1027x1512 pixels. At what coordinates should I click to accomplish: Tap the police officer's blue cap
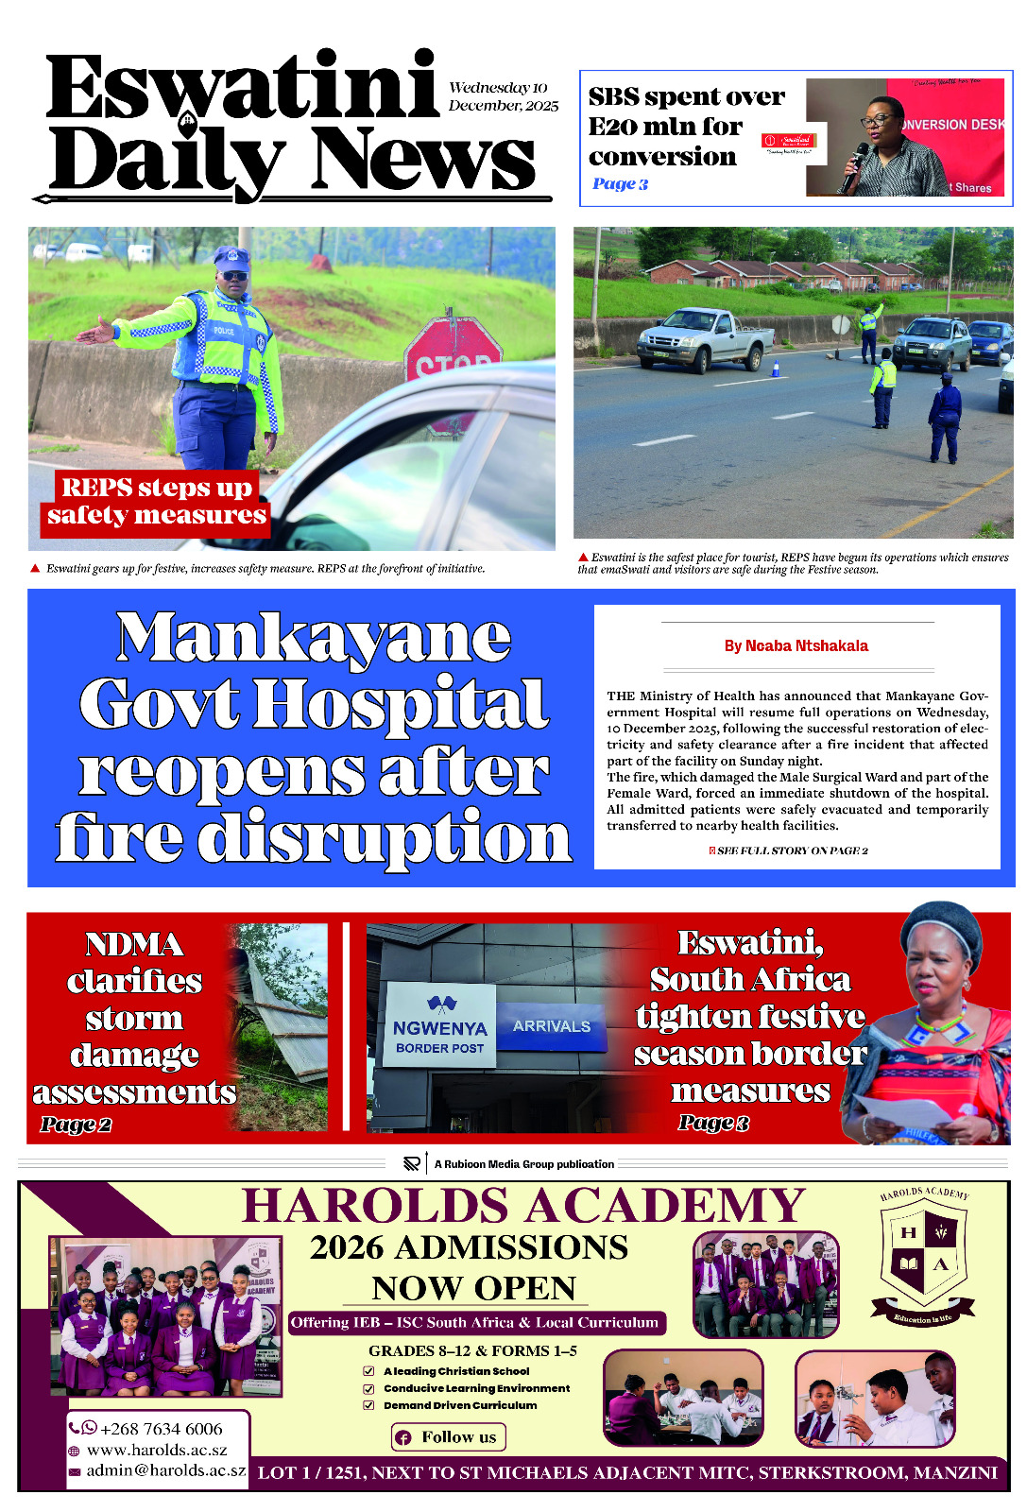[x=231, y=258]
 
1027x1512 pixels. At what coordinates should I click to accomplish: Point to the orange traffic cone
[x=776, y=368]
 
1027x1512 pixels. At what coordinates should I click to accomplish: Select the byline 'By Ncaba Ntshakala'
[x=796, y=646]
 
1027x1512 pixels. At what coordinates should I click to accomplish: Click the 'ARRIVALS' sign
[x=552, y=1026]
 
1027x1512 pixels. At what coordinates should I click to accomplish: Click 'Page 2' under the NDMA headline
[x=76, y=1125]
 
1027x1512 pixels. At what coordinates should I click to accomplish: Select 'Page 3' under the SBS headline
[x=620, y=184]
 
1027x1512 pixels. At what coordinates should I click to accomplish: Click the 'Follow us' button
[x=449, y=1437]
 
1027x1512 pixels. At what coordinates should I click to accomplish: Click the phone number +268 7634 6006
[x=161, y=1429]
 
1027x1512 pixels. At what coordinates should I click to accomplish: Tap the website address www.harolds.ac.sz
[x=157, y=1450]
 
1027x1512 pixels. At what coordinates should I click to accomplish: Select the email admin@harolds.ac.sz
[x=165, y=1470]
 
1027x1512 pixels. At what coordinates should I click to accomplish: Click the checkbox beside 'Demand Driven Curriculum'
[x=369, y=1405]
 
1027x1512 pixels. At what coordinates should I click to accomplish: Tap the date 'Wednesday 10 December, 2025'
[x=503, y=96]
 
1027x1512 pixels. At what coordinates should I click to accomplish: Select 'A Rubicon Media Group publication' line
[x=523, y=1164]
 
